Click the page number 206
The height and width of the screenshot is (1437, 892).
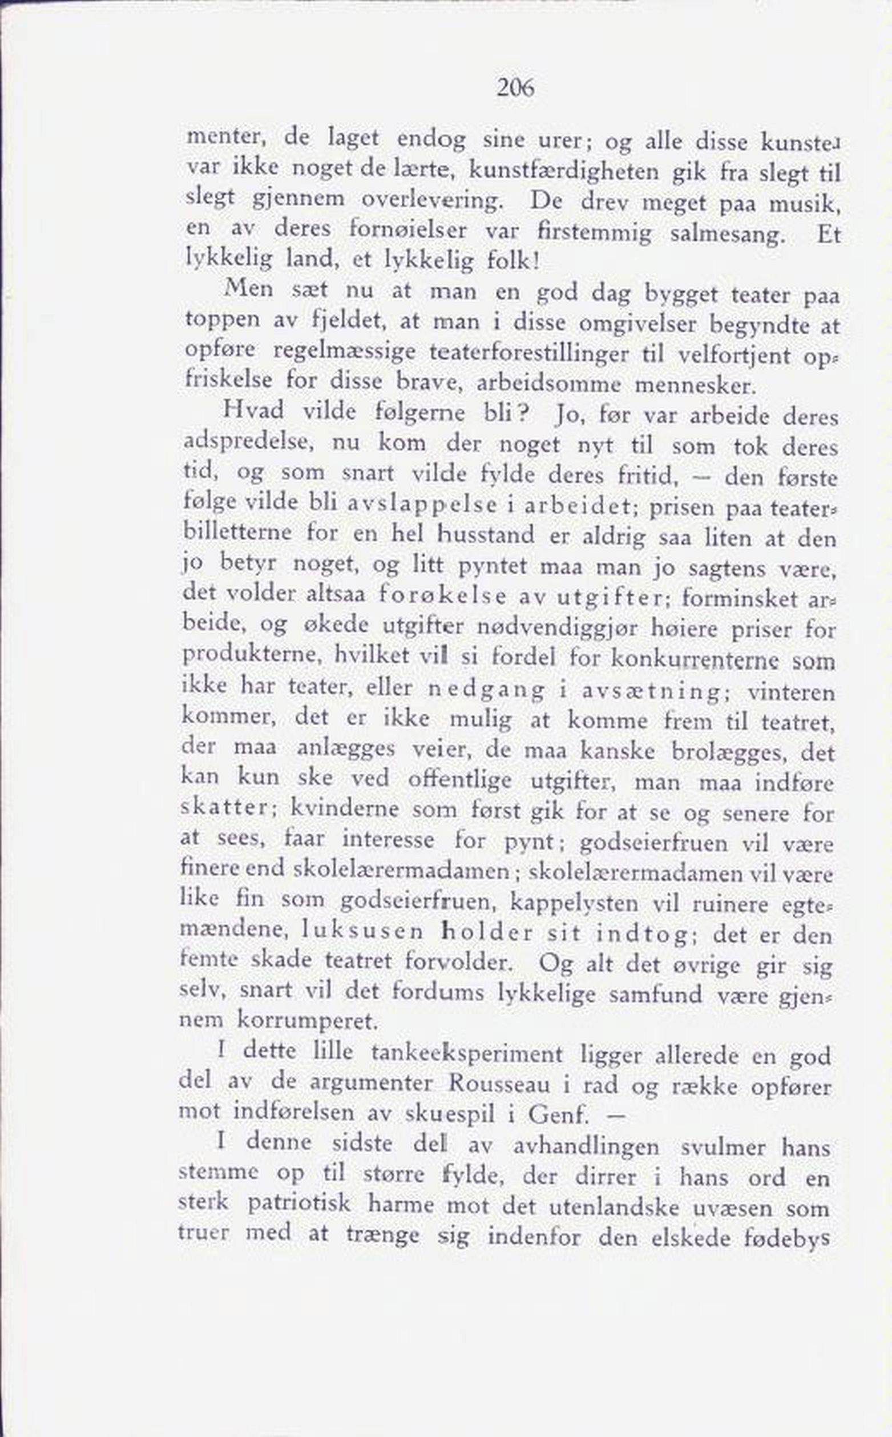515,88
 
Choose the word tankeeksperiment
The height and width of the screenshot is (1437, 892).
467,1053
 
